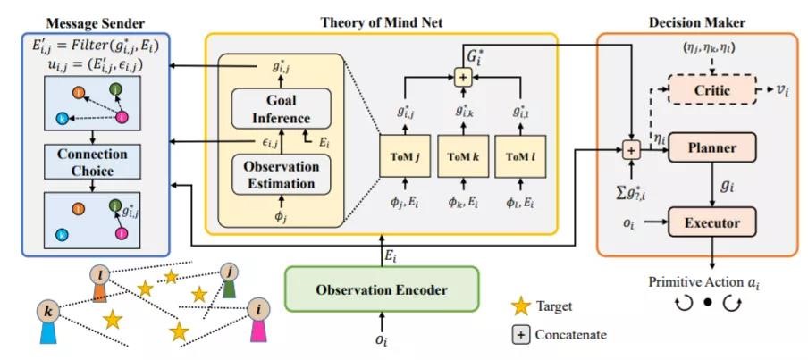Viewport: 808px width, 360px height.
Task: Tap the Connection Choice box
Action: point(92,163)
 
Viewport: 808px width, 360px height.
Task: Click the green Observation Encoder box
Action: point(382,289)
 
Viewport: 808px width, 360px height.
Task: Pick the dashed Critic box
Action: point(711,90)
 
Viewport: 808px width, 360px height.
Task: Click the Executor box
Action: point(711,223)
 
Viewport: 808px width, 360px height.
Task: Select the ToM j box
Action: point(405,156)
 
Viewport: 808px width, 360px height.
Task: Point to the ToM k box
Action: point(463,156)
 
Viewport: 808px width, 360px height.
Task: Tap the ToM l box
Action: point(520,156)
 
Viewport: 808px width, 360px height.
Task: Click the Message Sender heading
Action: point(96,23)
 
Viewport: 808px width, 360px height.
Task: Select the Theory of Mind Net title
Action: point(382,22)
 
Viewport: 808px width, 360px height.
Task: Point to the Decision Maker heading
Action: point(696,22)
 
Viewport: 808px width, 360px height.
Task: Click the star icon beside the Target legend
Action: point(520,306)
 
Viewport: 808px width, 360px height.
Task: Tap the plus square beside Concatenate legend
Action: point(521,335)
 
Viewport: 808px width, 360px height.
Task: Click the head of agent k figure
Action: point(48,313)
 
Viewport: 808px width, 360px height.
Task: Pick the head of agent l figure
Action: point(99,275)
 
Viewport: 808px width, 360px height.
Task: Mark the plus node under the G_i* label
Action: point(462,77)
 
